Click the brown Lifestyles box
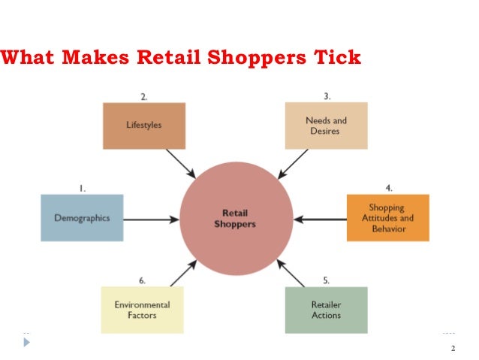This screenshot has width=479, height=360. coord(143,126)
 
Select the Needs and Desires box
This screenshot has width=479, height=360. coord(326,126)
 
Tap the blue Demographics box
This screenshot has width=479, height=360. coord(82,218)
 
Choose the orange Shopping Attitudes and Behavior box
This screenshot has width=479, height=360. coord(387,218)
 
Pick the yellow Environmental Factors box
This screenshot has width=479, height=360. coord(142,310)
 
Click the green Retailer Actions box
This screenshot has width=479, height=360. coord(325,310)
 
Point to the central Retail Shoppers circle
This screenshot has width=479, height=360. coord(236,219)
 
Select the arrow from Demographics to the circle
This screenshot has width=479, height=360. coord(151,219)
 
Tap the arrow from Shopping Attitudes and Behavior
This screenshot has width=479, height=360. coord(320,219)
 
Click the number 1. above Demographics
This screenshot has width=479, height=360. coord(82,189)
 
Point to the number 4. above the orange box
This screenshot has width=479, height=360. coord(388,188)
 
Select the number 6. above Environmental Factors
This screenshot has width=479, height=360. coord(142,280)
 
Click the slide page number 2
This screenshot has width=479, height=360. coord(453,348)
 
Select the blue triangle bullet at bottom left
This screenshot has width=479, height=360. coord(28,342)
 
